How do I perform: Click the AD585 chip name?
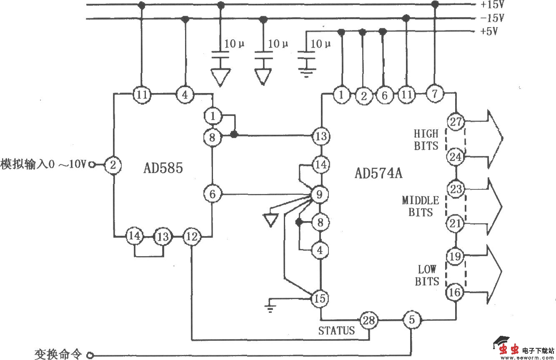point(163,169)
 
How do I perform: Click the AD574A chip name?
point(378,173)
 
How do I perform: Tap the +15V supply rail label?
point(492,5)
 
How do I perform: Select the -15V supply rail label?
point(492,19)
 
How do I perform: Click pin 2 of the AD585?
point(112,165)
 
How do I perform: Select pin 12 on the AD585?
point(192,237)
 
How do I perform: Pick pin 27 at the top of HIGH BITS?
point(455,122)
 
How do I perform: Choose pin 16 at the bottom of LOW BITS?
point(455,292)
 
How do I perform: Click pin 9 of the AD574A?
point(320,194)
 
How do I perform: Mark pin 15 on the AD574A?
point(320,298)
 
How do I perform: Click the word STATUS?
point(336,331)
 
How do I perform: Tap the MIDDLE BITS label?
point(420,206)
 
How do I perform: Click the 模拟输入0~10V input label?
point(43,164)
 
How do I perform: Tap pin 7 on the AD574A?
point(435,94)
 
